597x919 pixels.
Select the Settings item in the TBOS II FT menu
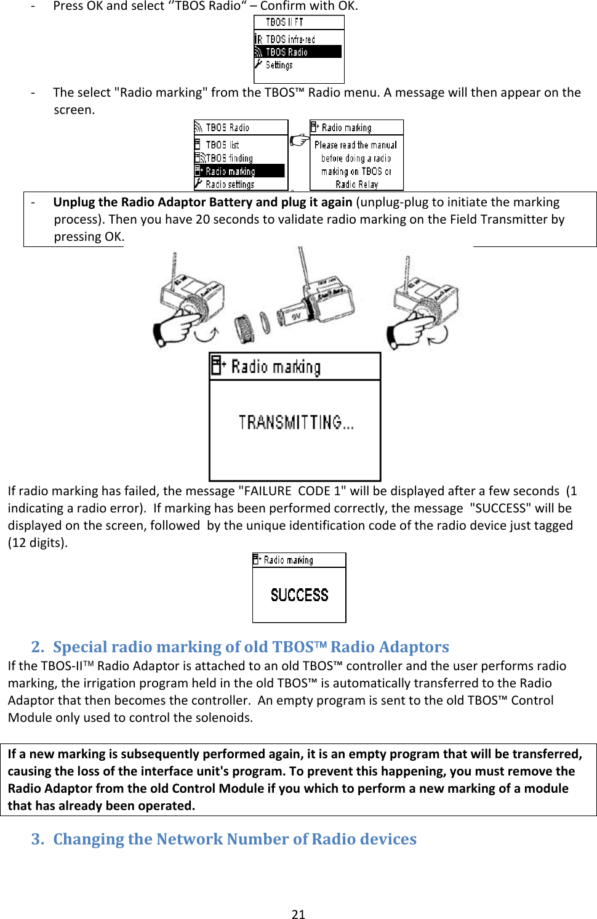[279, 65]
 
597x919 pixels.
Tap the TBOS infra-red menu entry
[290, 39]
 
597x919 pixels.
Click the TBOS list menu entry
[222, 145]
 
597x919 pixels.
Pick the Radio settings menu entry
[230, 184]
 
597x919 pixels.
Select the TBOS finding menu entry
[229, 158]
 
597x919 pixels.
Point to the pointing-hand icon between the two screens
[299, 140]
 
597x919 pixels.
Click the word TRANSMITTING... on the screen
[296, 423]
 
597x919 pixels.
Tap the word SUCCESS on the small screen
[300, 595]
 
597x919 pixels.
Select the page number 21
[298, 914]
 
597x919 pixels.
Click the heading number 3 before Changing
[37, 839]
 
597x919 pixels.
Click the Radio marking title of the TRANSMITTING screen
[275, 367]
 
